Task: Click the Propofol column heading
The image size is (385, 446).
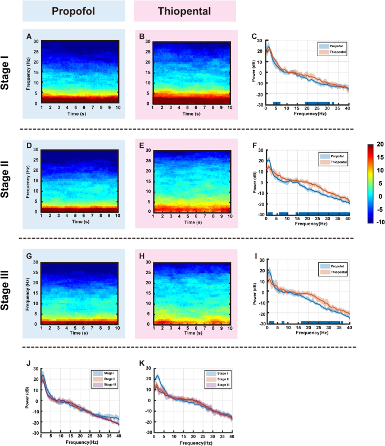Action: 73,12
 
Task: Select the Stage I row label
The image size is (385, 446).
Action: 10,75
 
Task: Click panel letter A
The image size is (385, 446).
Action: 29,36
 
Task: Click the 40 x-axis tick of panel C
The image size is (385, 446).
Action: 349,108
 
